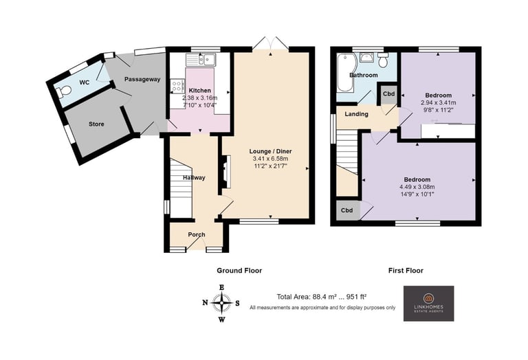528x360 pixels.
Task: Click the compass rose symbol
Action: [x=221, y=303]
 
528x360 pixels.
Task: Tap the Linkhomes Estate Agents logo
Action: [x=429, y=304]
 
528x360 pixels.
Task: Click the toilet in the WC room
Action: [x=63, y=91]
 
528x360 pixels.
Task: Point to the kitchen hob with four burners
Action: [x=177, y=85]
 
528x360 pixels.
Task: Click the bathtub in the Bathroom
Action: [x=344, y=72]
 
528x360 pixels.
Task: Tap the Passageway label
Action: [x=142, y=80]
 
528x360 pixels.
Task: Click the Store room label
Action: [x=96, y=124]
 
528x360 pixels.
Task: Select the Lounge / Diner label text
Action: [x=270, y=151]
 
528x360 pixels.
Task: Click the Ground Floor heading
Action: [x=239, y=271]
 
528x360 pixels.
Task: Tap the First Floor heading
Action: [x=406, y=271]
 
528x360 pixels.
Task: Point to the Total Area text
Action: [x=322, y=297]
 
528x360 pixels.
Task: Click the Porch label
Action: [x=197, y=234]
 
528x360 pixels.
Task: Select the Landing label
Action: [x=356, y=114]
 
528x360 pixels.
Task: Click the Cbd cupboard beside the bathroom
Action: [x=388, y=94]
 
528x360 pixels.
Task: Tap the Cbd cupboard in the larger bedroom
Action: [x=347, y=211]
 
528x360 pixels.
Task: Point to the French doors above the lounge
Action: [x=271, y=44]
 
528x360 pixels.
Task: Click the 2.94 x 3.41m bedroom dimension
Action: [x=438, y=102]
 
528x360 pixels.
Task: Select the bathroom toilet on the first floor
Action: [x=383, y=60]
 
